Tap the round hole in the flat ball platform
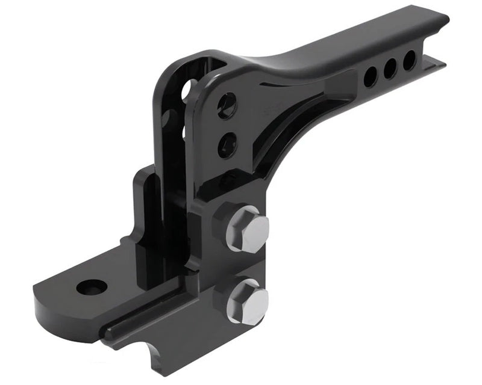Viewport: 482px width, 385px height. tap(92, 287)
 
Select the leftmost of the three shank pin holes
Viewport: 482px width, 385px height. tap(371, 76)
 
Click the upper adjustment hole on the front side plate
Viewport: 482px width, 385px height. tap(227, 105)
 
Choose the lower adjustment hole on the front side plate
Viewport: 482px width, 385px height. tap(228, 144)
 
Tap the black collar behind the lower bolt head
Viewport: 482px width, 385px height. tap(223, 295)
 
